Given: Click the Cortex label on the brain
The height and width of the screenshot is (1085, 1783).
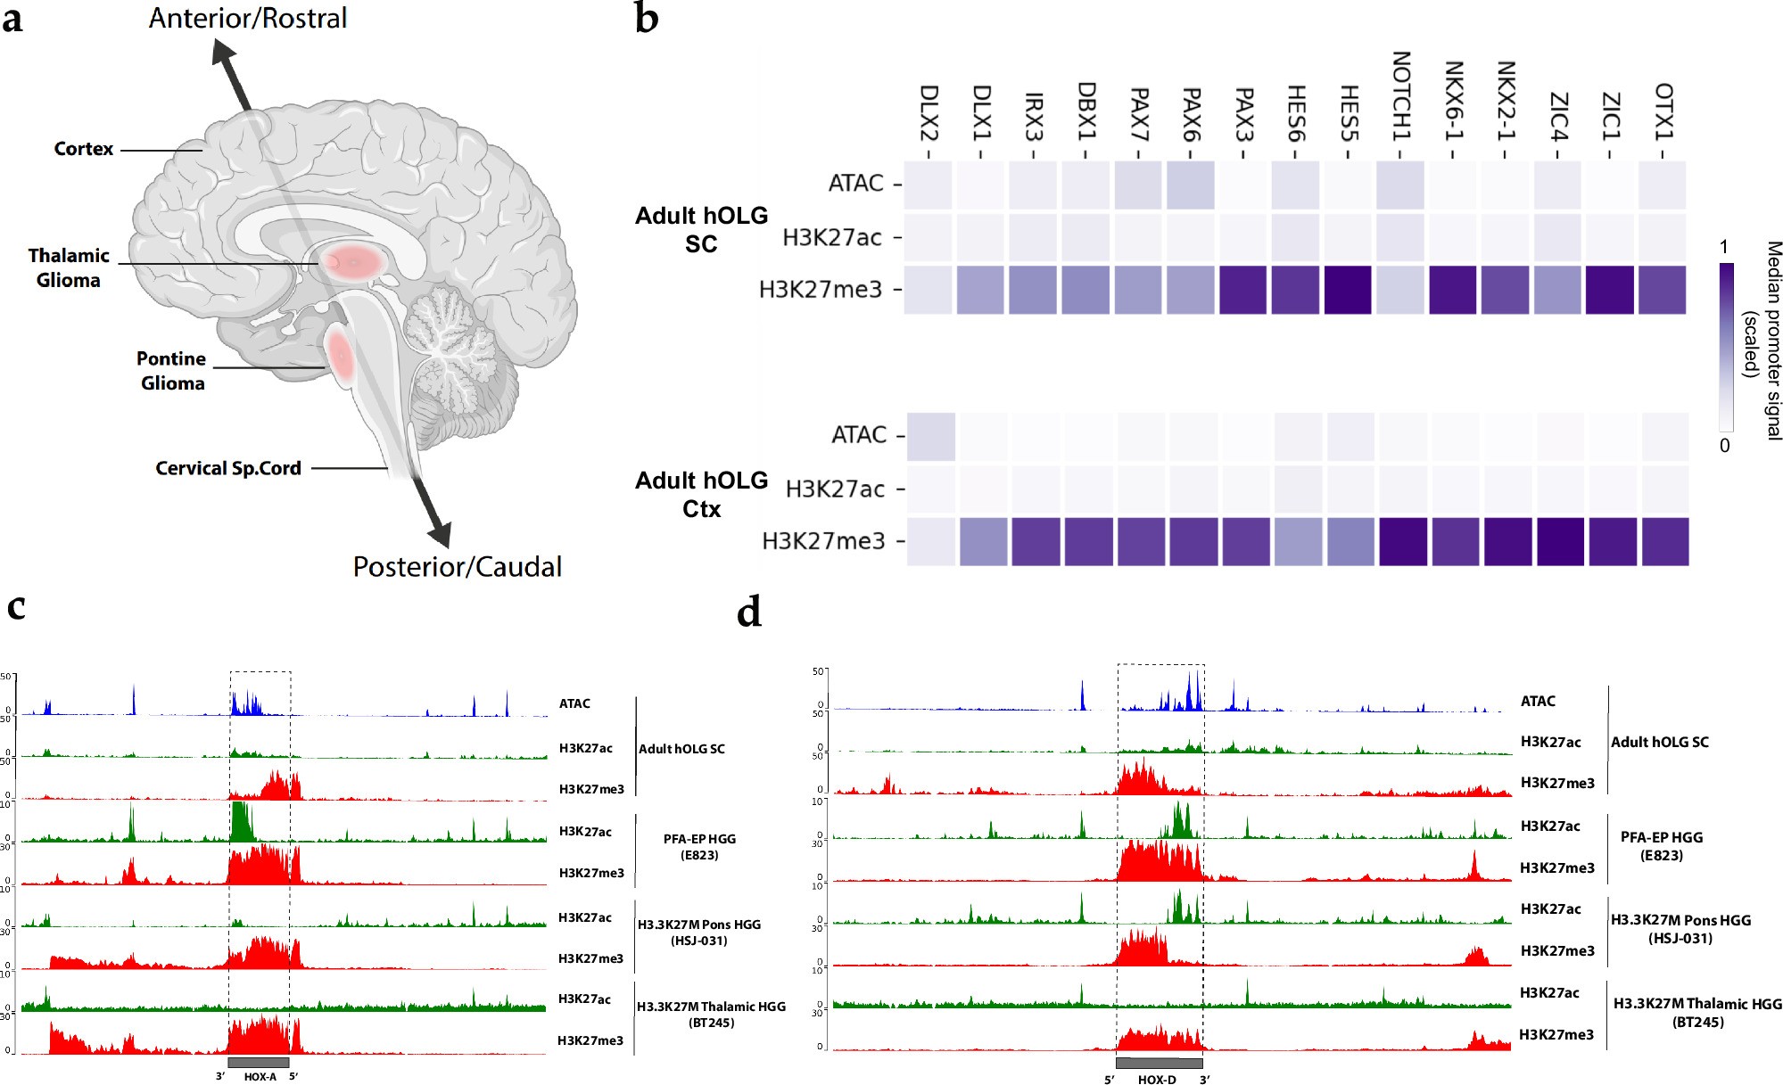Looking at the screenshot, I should (x=83, y=149).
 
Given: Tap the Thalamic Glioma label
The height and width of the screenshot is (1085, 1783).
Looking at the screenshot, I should (x=68, y=267).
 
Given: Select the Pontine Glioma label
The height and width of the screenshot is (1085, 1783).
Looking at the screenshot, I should (x=171, y=371).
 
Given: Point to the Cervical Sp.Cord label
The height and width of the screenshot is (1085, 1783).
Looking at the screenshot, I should (x=228, y=468).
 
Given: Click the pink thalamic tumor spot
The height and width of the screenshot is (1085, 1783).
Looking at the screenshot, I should (x=351, y=262).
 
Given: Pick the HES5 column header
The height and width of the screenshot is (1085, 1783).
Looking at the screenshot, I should (x=1349, y=113).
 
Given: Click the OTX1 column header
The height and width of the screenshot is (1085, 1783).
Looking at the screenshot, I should (x=1663, y=111).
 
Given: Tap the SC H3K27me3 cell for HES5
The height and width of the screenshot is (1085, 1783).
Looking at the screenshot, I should (x=1348, y=290).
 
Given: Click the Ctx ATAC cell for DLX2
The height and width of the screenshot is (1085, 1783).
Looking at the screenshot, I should (x=931, y=437).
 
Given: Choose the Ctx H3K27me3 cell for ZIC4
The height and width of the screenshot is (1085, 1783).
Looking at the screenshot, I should (x=1560, y=541).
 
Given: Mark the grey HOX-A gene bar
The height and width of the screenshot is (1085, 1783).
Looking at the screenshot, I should (x=259, y=1062).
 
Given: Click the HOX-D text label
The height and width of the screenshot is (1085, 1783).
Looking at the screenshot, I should (x=1157, y=1080).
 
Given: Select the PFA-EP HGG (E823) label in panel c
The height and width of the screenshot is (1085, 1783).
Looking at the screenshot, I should (x=699, y=847).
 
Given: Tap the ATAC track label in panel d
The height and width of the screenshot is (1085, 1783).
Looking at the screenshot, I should (x=1538, y=701).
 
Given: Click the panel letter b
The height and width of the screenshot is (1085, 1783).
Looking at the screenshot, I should (x=647, y=18).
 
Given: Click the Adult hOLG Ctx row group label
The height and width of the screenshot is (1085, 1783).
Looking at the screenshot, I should (x=701, y=494).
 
